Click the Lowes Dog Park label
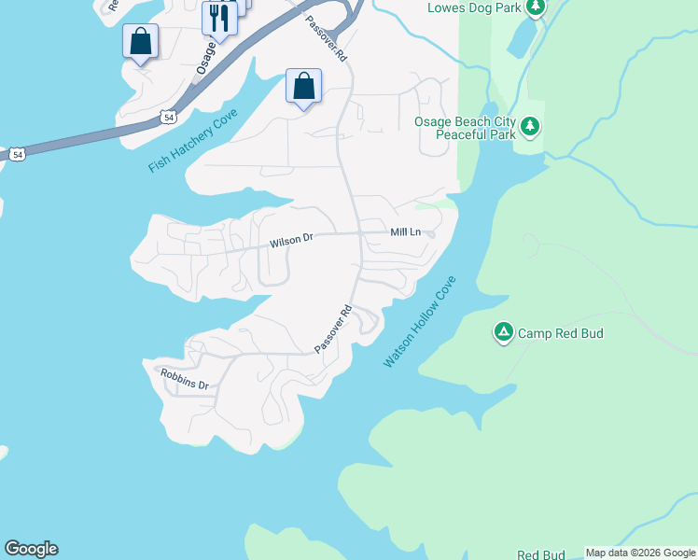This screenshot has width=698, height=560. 473,8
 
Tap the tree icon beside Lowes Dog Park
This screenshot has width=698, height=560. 535,7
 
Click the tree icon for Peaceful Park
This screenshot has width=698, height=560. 530,126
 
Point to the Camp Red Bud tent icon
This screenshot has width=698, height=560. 503,332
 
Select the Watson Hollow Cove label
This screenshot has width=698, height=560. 420,321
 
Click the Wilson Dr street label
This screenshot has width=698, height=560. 291,241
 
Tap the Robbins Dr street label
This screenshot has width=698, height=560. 183,378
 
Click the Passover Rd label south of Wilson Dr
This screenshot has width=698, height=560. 333,329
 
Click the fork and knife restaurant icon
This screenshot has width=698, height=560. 219,17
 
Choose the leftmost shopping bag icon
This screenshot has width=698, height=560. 140,41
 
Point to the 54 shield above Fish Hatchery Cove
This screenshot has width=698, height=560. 166,116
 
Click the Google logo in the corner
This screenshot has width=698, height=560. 31,549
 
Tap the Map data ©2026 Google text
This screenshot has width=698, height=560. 640,553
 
